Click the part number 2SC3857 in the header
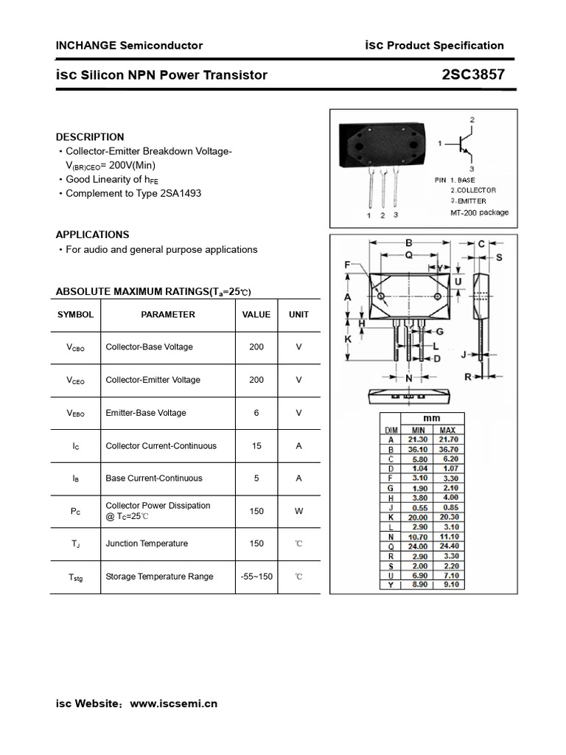click(473, 74)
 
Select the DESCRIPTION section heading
click(90, 137)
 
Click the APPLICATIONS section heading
click(92, 234)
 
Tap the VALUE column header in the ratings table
click(256, 315)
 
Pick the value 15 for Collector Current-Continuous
click(256, 445)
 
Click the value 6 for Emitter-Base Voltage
click(256, 413)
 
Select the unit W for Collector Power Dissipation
click(298, 511)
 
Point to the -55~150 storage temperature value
click(256, 577)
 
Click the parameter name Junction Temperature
click(147, 543)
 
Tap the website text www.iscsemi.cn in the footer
click(173, 703)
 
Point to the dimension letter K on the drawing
click(348, 339)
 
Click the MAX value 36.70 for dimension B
click(447, 448)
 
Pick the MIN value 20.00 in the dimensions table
click(418, 518)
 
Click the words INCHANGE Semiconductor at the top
click(129, 46)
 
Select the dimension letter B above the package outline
click(408, 243)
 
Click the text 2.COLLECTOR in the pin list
click(473, 190)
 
